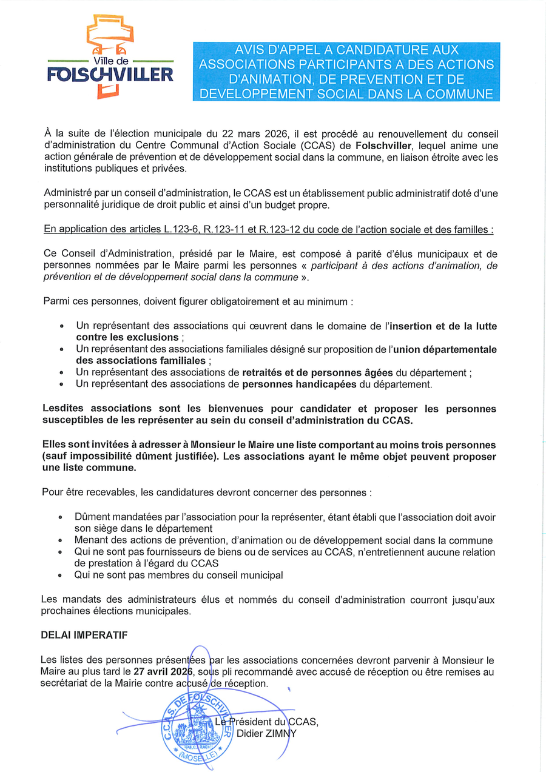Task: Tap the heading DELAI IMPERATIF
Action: point(84,635)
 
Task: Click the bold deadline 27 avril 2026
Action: point(163,671)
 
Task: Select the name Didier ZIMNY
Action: point(266,733)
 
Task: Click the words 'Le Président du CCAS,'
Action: point(267,721)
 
